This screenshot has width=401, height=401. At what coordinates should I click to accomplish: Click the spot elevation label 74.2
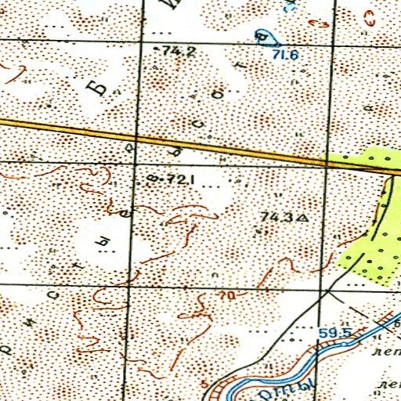(179, 50)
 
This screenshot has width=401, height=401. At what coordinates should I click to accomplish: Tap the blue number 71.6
(287, 55)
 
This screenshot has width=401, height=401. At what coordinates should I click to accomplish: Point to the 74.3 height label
(275, 217)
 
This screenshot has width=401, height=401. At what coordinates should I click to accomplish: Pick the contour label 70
(227, 295)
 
